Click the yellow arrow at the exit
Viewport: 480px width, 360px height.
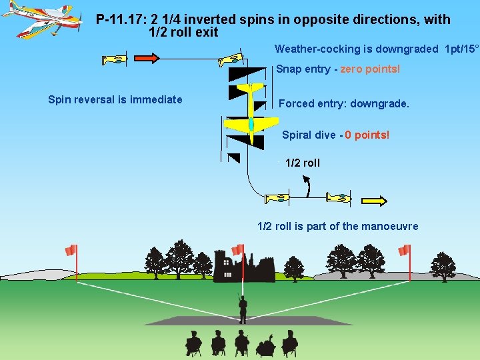374,199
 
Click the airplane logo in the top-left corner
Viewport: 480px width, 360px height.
41,18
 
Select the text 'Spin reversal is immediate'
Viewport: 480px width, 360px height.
115,100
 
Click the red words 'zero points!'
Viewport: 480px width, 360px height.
370,69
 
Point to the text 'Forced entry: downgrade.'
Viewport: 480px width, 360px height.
343,104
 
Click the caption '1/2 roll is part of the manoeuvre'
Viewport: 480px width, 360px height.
337,227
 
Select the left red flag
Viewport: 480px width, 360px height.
71,251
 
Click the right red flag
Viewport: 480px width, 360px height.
404,251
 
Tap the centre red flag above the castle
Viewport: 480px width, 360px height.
238,249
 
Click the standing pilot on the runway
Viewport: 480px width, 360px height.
243,309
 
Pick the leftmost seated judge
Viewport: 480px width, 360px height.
193,343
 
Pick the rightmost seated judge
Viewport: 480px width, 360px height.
289,343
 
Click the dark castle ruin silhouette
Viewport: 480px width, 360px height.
243,267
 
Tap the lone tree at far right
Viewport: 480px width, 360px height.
443,265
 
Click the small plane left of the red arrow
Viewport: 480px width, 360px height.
114,60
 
